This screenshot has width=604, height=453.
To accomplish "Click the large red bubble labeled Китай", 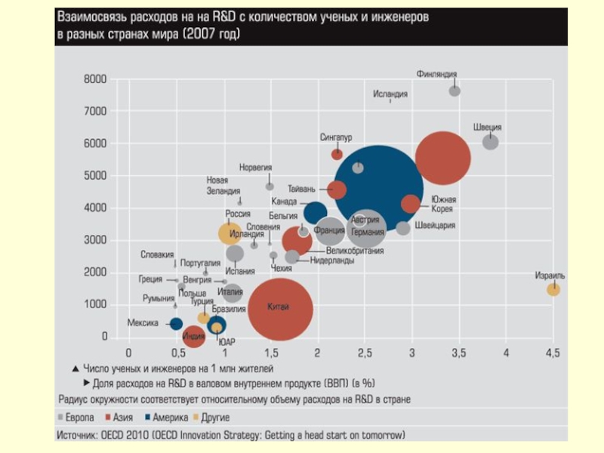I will click(280, 308).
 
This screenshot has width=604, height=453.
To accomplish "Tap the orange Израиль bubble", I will click(553, 289).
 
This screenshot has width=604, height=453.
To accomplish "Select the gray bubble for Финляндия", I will click(455, 91).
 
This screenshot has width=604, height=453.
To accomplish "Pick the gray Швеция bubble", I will click(491, 141).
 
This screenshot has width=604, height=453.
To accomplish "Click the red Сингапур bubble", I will click(337, 153).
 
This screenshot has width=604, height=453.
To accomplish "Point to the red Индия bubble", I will click(194, 336).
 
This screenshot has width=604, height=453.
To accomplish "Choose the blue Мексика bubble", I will click(176, 323).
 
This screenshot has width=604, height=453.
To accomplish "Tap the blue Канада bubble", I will click(315, 214).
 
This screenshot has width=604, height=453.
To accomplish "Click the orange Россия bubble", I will click(230, 234).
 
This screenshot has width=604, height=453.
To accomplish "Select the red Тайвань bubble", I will click(337, 190).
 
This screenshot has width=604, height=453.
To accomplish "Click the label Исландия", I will click(390, 94).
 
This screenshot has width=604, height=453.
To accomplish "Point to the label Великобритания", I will click(355, 250).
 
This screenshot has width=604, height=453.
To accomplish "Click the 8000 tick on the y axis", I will click(95, 79).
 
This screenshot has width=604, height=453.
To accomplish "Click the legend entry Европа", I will click(79, 418).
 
